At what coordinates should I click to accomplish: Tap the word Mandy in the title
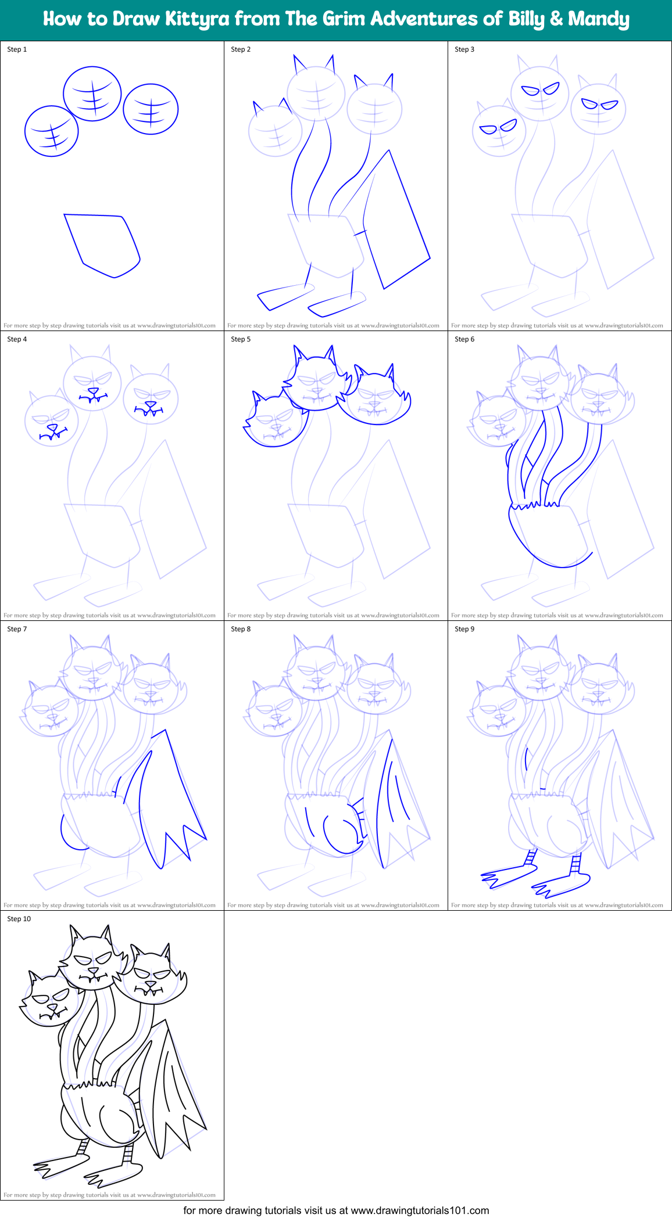[598, 19]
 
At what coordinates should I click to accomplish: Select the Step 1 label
[17, 49]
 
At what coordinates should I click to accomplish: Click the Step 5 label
[241, 339]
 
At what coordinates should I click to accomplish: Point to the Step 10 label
[19, 919]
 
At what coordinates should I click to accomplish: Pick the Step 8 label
[241, 629]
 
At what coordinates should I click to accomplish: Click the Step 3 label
[464, 49]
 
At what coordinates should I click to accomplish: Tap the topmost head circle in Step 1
[92, 94]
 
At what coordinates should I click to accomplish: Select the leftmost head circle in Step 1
[51, 131]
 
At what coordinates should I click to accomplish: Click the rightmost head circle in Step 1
[151, 109]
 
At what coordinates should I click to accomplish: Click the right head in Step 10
[152, 977]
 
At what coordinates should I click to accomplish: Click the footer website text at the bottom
[336, 1210]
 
